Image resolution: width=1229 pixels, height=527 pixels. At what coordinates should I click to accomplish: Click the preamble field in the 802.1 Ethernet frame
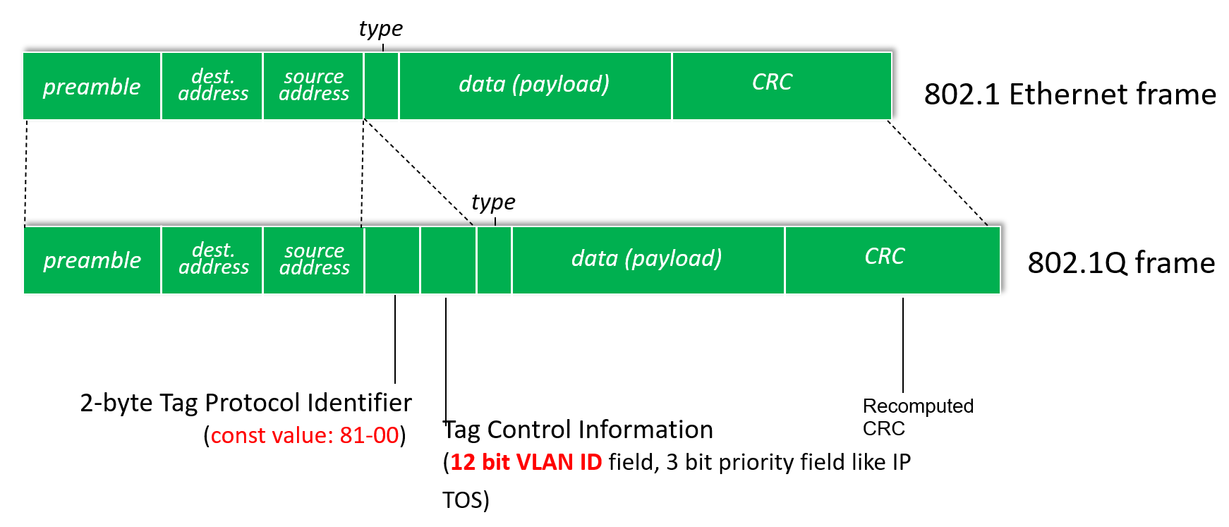tap(92, 86)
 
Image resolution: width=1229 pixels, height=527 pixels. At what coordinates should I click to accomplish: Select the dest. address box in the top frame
tap(212, 86)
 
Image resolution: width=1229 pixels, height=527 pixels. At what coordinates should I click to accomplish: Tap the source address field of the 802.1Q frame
tap(314, 260)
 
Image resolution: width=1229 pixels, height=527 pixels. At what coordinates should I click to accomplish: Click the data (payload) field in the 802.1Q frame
tap(648, 260)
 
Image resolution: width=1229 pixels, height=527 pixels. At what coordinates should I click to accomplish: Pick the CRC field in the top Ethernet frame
tap(782, 86)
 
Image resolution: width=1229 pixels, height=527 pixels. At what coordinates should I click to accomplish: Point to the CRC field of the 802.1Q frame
tap(892, 260)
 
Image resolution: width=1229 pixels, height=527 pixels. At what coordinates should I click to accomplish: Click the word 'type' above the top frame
tap(380, 29)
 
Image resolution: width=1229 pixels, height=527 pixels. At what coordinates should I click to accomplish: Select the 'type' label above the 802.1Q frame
tap(493, 203)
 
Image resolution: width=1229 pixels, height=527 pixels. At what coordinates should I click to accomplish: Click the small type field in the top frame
tap(382, 86)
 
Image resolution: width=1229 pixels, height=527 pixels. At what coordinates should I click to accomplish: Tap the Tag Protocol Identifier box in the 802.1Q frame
tap(392, 260)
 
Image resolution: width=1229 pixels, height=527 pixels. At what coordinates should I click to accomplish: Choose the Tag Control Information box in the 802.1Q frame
tap(448, 260)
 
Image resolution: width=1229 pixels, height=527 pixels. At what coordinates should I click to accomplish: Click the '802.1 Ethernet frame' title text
tap(1070, 94)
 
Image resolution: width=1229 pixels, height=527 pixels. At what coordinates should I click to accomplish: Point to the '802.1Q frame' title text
tap(1121, 263)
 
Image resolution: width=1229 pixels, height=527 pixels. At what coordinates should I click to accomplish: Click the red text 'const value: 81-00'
tap(305, 435)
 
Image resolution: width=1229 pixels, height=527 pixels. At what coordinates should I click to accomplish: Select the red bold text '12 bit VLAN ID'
tap(526, 462)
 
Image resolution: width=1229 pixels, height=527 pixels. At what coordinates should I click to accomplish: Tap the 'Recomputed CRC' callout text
tap(918, 417)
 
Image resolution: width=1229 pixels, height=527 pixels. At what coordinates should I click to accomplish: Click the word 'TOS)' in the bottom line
tap(466, 500)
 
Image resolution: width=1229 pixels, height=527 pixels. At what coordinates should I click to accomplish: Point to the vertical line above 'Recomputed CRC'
tap(903, 345)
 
